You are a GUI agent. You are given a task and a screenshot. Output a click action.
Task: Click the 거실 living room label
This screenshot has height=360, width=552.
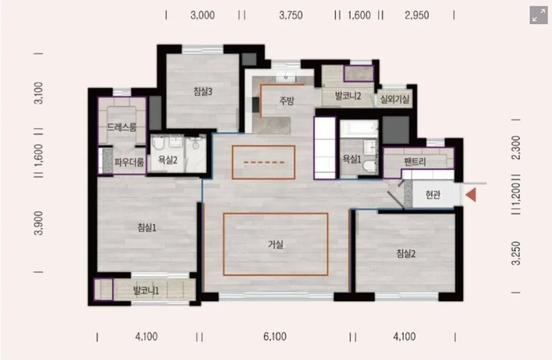point(275,244)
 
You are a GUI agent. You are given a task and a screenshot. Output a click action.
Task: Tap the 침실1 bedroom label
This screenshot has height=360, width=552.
point(147,227)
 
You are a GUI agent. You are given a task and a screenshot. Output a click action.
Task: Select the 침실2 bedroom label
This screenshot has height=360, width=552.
point(406,253)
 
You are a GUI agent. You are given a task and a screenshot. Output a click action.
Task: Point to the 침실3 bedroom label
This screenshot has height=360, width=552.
point(203,91)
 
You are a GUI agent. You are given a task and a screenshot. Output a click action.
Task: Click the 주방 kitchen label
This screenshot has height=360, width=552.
point(286,101)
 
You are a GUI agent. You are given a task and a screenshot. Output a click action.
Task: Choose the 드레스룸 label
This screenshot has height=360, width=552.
point(122,127)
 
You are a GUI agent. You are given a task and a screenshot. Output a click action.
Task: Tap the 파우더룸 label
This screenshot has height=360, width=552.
point(129,162)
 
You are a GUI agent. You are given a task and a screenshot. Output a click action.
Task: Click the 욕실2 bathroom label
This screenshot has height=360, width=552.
point(167,160)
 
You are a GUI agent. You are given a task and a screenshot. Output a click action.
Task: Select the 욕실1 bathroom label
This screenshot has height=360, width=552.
point(352,159)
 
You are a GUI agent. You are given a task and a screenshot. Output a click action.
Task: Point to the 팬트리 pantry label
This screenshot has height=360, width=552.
point(415,162)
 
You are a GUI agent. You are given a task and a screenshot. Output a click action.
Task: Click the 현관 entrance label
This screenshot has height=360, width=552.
point(433,194)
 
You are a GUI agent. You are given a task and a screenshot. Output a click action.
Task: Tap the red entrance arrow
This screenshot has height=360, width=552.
point(471,195)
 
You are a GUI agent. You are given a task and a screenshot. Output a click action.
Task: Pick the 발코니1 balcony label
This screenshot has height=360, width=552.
point(146,291)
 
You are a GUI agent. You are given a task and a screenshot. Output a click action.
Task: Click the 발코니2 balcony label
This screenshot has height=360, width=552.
point(348,95)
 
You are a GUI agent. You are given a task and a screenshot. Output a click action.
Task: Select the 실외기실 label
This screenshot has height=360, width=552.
point(395,99)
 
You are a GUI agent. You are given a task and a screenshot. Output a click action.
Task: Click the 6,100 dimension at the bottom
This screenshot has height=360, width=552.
point(275,337)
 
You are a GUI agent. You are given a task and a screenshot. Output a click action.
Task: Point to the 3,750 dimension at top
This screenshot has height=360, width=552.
point(291,15)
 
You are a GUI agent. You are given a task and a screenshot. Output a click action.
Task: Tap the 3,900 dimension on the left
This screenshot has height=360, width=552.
point(39,223)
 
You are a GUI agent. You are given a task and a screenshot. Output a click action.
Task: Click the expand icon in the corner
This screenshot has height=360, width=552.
point(539,15)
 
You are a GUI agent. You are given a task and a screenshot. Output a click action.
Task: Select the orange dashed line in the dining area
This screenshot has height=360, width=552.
point(263,162)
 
